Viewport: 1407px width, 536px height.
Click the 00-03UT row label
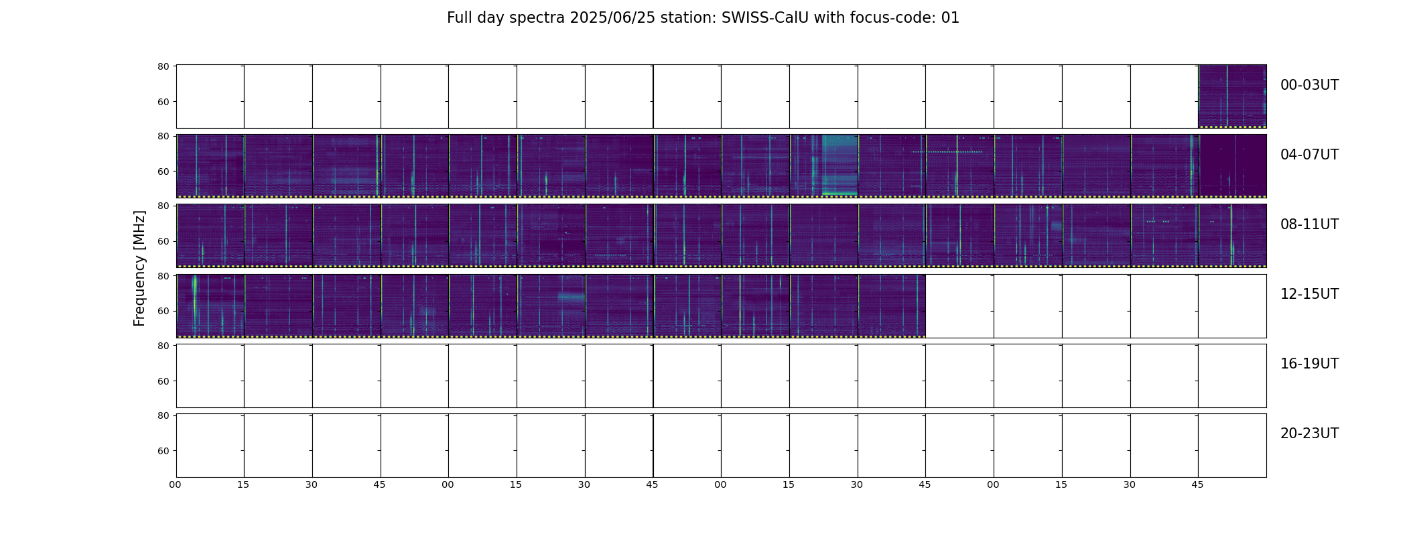(x=1309, y=85)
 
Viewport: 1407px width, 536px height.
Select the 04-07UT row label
(x=1309, y=155)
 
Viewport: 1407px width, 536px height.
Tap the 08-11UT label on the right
(x=1309, y=224)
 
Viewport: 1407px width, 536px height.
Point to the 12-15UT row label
(x=1309, y=294)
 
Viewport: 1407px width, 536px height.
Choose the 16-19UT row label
(x=1309, y=364)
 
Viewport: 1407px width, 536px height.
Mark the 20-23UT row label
(x=1309, y=433)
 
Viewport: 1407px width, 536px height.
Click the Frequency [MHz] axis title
(x=139, y=268)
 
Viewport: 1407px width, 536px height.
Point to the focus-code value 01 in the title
(x=950, y=18)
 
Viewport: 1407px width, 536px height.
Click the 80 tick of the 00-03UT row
(x=163, y=66)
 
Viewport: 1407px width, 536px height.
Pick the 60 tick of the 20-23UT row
(x=163, y=451)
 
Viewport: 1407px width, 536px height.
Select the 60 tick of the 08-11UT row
(x=163, y=241)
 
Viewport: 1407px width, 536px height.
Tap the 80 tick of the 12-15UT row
(x=163, y=276)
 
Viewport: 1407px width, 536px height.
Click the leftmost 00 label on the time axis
(x=175, y=484)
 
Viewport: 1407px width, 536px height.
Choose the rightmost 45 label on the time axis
(x=1197, y=484)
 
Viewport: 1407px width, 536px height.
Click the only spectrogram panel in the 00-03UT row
(x=1232, y=96)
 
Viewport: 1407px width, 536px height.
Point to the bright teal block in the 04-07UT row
(x=840, y=165)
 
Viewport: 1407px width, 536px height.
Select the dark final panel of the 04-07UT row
(x=1232, y=166)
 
